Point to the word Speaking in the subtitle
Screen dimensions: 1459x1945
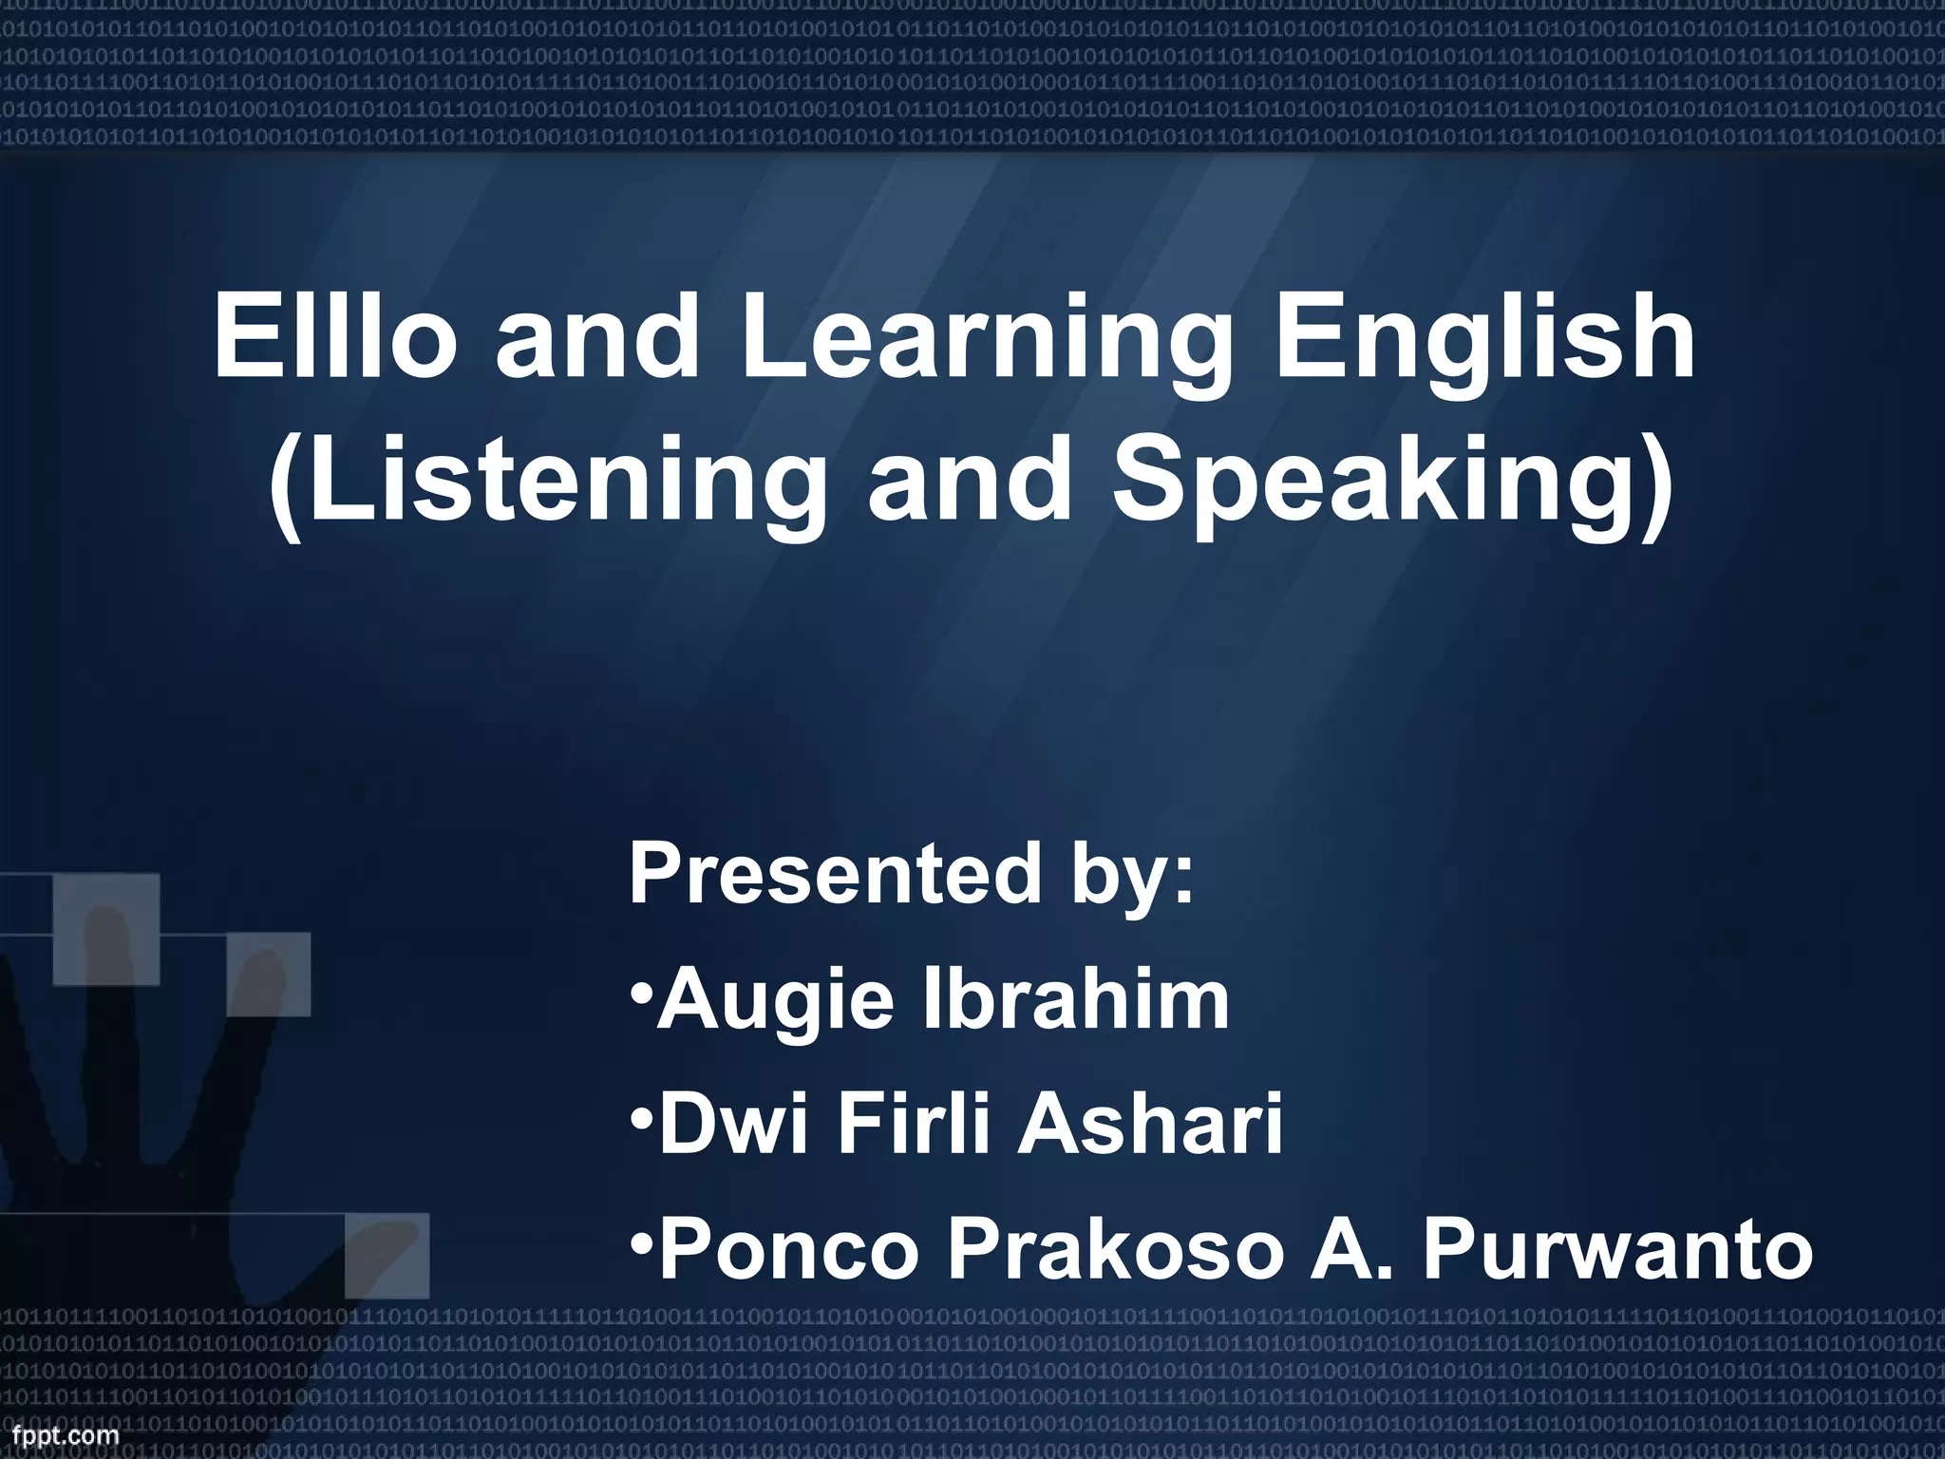pyautogui.click(x=1391, y=485)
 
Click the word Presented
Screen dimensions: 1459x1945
pyautogui.click(x=835, y=875)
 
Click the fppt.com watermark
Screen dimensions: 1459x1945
pyautogui.click(x=61, y=1435)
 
